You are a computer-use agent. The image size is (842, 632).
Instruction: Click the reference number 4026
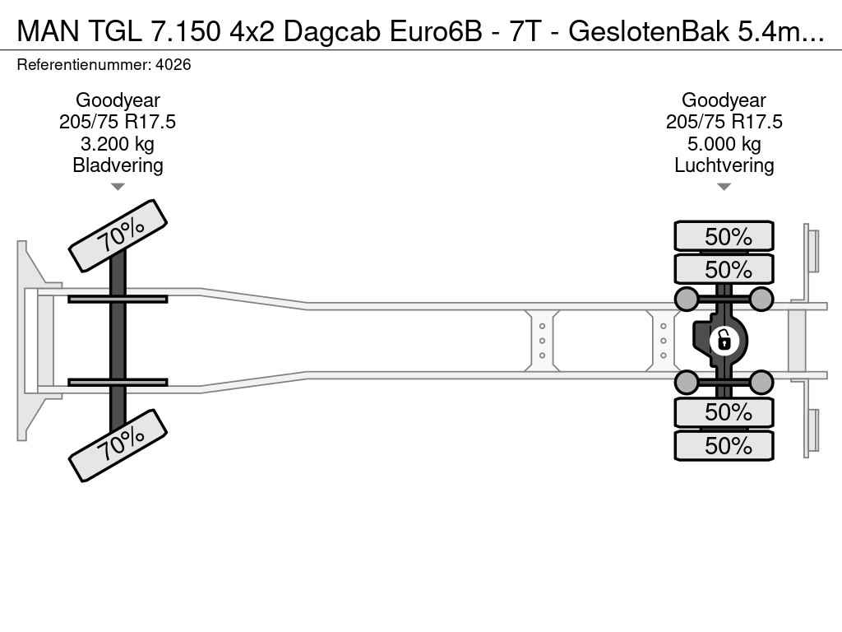pos(173,64)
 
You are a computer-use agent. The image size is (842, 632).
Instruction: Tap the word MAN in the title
pos(49,32)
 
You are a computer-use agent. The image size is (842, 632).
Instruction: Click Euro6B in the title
pos(436,32)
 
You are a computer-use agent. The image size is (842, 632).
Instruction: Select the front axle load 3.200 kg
pos(117,144)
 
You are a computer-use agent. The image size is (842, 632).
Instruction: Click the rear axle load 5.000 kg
pos(724,144)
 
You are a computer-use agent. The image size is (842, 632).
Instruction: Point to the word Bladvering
pos(118,165)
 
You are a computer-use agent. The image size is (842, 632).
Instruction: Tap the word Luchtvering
pos(724,165)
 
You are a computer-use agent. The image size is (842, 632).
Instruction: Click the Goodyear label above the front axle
pos(118,100)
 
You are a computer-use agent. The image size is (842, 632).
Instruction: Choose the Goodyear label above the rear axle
pos(724,100)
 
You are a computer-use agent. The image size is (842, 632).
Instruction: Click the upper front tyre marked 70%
pos(118,236)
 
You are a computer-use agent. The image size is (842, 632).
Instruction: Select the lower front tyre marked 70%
pos(118,445)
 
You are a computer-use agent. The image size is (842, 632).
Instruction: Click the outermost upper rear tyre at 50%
pos(724,236)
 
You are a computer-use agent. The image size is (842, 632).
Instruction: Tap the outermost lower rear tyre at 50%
pos(724,445)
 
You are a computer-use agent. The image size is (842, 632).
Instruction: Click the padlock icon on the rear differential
pos(724,341)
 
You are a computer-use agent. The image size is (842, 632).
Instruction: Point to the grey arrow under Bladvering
pos(118,187)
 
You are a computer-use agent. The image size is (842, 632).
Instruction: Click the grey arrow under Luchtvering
pos(724,187)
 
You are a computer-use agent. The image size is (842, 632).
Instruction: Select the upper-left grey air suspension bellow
pos(687,299)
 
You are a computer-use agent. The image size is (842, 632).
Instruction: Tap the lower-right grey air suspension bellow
pos(761,382)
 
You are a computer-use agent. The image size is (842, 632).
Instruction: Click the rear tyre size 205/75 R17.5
pos(724,122)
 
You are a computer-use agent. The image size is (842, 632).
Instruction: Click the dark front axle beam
pos(118,341)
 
